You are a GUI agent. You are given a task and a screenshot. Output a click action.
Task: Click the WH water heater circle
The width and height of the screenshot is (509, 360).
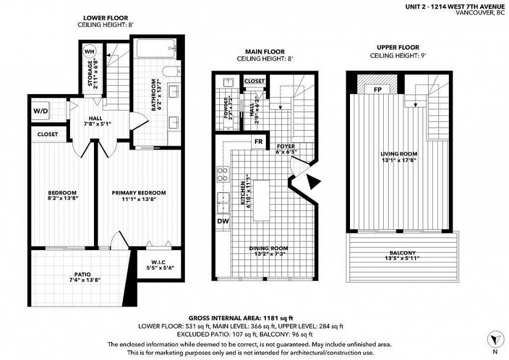[89, 52]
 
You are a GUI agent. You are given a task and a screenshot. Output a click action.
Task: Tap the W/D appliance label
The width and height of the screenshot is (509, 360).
[41, 111]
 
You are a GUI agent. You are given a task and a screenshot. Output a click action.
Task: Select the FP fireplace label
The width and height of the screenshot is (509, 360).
[377, 90]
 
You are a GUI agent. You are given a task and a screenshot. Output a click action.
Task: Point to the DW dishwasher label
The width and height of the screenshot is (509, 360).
[223, 222]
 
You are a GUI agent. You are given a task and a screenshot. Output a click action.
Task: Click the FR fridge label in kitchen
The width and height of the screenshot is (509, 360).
[258, 142]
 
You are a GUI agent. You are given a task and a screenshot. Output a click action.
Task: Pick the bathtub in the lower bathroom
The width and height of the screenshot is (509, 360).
[156, 49]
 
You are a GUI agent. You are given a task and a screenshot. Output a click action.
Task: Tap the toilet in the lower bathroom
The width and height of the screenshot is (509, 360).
[171, 71]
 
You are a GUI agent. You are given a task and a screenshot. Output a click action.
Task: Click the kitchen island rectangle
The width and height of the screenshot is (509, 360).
[262, 200]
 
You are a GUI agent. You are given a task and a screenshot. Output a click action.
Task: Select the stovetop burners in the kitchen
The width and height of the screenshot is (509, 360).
[223, 174]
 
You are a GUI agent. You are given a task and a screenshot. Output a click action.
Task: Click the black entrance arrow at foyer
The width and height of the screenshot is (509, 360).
[313, 181]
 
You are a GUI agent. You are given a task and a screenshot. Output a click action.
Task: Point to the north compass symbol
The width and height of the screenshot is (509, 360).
[495, 340]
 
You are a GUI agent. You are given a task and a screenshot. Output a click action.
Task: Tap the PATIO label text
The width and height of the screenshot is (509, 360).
[82, 274]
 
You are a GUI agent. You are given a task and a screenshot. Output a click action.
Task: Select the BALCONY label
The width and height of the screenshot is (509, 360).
[403, 252]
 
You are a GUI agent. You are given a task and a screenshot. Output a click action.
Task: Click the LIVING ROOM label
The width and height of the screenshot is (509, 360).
[399, 154]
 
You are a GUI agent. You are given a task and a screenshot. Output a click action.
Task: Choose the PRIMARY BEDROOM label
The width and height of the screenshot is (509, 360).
[139, 193]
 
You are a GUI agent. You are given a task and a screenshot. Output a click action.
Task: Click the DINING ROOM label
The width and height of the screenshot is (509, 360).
[268, 249]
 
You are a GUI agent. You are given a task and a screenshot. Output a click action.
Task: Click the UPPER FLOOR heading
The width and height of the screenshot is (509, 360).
[398, 47]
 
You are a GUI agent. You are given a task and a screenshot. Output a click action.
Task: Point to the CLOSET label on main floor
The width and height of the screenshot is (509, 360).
[254, 81]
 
